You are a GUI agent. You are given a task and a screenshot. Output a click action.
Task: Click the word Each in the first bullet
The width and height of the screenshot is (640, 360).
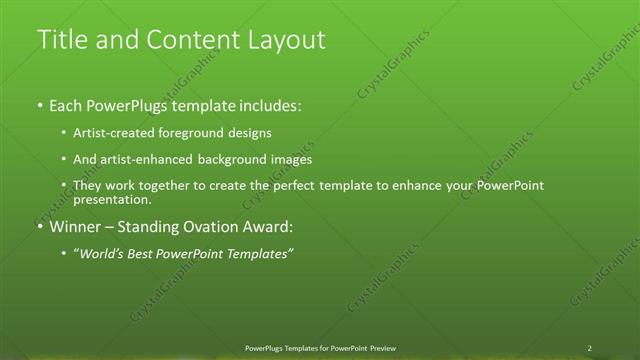(67, 104)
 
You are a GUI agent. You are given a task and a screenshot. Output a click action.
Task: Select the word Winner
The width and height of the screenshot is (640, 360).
(76, 227)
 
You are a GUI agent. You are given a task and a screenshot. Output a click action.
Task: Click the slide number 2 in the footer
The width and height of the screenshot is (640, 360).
(589, 348)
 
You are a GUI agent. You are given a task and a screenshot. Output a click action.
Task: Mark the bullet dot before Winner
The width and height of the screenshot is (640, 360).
(39, 227)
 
